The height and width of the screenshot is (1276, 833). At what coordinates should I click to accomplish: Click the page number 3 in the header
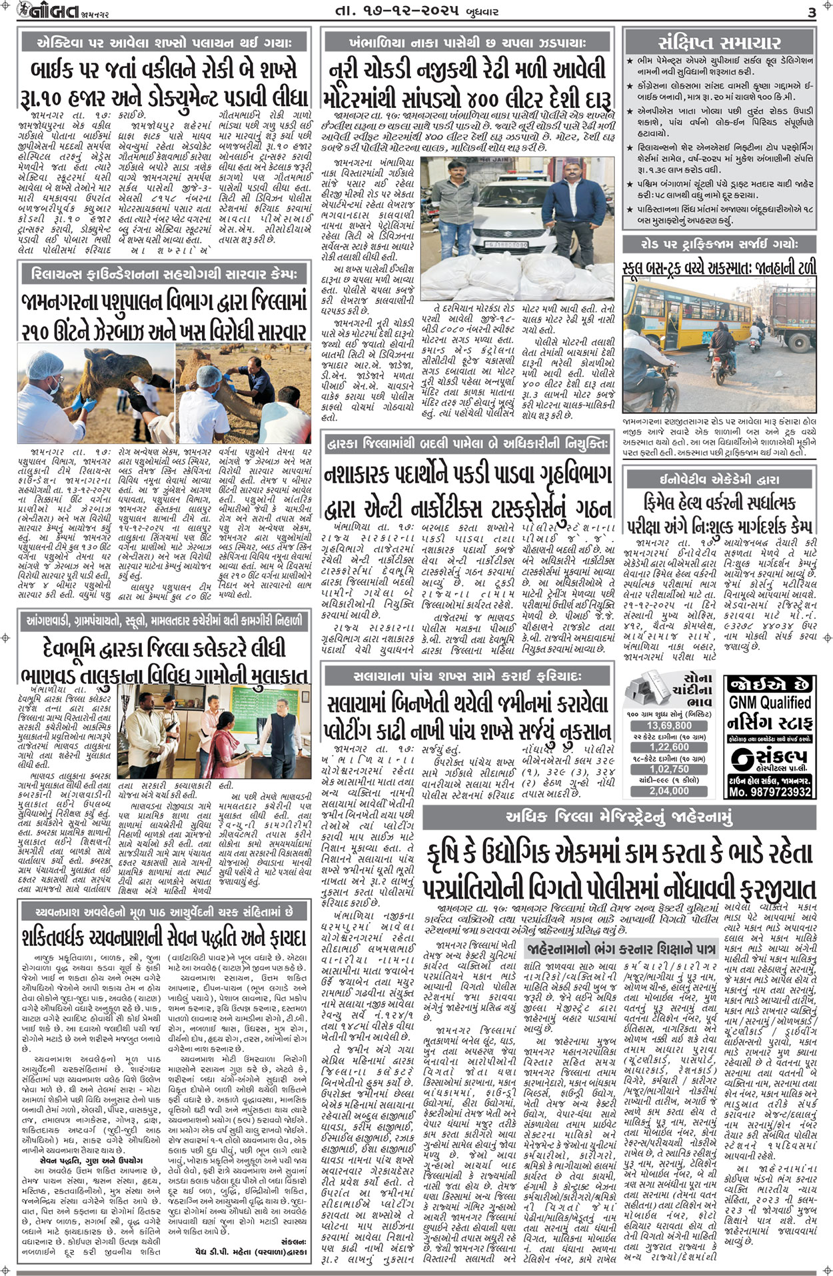[811, 13]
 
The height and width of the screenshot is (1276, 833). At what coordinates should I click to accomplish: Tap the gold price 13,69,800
[669, 725]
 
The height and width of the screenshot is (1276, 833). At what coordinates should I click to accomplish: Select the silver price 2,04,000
[669, 791]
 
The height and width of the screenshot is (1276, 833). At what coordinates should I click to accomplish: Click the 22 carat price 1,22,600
[669, 747]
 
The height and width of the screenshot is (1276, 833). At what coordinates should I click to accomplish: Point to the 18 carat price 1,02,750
[669, 769]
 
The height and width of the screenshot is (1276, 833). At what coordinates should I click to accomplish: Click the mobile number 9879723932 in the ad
[770, 792]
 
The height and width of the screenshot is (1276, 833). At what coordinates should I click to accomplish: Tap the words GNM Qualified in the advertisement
[770, 702]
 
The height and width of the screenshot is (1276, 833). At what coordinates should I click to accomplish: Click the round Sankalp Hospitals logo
[742, 758]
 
